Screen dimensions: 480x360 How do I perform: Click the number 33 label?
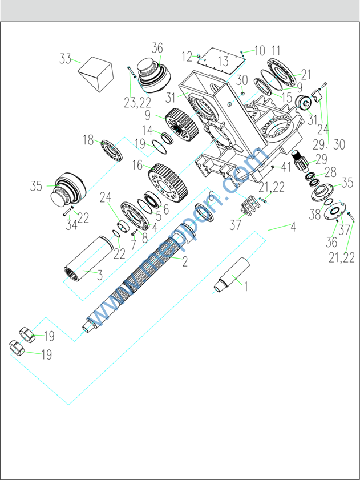[x=66, y=59]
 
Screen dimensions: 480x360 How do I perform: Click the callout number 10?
[x=260, y=51]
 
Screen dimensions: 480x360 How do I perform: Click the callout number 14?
[x=147, y=131]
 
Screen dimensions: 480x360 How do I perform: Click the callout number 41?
[x=286, y=167]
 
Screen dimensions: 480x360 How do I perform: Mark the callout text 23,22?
[x=137, y=103]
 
